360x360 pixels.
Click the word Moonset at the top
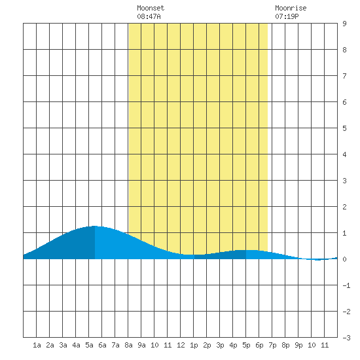(151, 8)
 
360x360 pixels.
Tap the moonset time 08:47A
(149, 16)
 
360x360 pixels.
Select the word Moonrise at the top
(291, 8)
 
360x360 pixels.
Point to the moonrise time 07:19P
(287, 16)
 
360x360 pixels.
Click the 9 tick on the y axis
(344, 24)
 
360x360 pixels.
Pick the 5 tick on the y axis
(344, 128)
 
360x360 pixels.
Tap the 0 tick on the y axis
(344, 259)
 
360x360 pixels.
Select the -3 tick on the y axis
(346, 338)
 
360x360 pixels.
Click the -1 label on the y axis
(346, 285)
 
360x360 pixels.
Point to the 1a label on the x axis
(37, 345)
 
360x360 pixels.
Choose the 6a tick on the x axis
(102, 345)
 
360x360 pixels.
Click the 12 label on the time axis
(181, 345)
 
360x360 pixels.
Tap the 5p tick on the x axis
(246, 345)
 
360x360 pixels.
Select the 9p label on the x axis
(298, 345)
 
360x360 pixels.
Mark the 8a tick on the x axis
(128, 345)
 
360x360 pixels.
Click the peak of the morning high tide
(94, 226)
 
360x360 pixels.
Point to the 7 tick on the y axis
(344, 76)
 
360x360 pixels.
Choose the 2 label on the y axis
(344, 207)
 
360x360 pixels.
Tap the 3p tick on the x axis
(220, 345)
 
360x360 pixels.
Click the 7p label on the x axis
(272, 345)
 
